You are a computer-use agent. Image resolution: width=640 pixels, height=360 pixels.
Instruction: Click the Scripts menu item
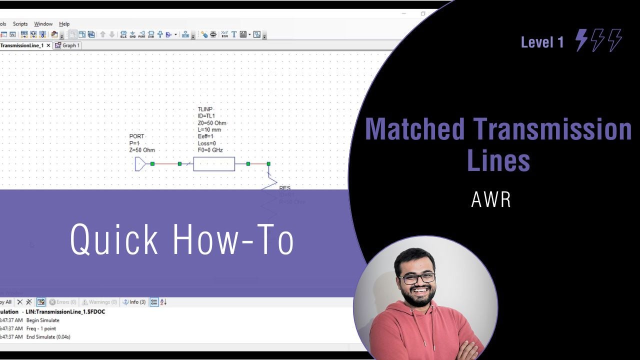pos(20,24)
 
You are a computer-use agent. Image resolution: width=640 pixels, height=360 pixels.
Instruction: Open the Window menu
pos(43,24)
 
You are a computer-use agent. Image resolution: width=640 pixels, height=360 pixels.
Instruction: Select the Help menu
pos(64,24)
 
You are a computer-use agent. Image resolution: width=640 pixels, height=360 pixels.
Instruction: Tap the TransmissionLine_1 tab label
pos(22,45)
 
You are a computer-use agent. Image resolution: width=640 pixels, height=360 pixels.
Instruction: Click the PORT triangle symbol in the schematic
pos(140,163)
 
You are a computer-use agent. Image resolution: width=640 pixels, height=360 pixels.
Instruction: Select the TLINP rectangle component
pos(214,163)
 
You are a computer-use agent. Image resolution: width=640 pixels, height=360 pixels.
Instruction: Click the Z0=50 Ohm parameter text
pos(212,123)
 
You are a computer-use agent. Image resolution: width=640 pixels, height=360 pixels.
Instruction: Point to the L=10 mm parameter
pos(209,130)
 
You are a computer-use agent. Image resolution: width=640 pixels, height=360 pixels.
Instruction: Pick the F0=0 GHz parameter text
pos(210,150)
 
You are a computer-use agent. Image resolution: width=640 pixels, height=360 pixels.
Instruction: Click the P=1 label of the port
pos(134,143)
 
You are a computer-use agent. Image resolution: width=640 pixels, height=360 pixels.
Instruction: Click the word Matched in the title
pos(414,129)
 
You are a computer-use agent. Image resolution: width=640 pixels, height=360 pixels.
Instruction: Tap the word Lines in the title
pos(498,161)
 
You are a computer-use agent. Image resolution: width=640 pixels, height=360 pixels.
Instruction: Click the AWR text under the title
pos(490,200)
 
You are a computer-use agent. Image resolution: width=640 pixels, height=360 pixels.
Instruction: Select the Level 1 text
pos(542,42)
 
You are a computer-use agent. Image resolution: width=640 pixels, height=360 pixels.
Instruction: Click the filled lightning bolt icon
pos(581,40)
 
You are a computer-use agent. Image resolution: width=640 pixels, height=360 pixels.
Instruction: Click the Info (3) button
pos(134,302)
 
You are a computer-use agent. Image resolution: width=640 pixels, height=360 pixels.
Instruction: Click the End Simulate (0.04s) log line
pos(48,337)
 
